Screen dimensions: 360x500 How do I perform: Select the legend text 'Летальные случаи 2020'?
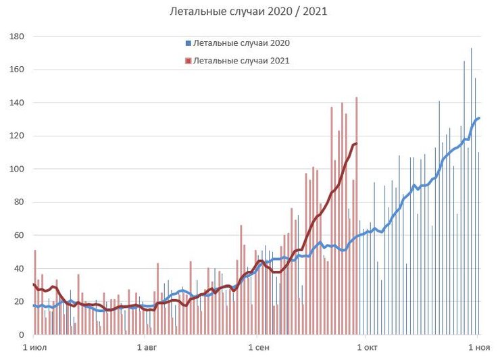click(241, 43)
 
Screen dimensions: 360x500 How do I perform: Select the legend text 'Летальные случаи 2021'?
click(241, 60)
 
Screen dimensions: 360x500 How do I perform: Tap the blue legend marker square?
click(188, 43)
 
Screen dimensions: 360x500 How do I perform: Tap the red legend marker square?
click(188, 61)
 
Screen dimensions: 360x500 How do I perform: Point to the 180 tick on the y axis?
click(17, 36)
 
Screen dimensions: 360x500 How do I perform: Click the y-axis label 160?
click(17, 70)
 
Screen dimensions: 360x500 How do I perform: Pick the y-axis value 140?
click(17, 103)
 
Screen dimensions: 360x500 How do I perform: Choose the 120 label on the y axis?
click(17, 136)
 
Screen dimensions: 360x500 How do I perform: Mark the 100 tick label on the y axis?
click(17, 169)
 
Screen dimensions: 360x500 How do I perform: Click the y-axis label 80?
click(19, 202)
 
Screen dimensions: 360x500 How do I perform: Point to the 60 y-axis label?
click(19, 235)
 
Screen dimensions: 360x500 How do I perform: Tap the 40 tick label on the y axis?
click(19, 268)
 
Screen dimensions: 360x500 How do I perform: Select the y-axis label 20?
click(19, 301)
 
